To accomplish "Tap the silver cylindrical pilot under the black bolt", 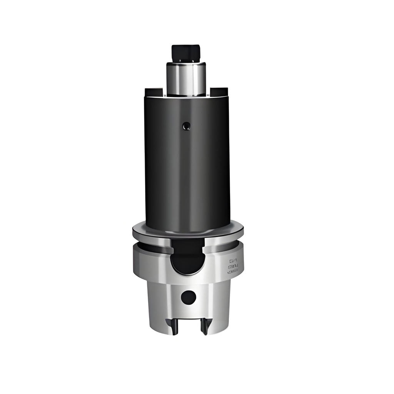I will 186,79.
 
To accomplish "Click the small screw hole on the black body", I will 187,125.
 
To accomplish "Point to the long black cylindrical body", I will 187,165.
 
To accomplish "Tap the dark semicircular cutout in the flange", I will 187,258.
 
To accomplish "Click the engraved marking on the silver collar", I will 233,265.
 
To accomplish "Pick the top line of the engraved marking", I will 233,261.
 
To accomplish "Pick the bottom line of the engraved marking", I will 233,271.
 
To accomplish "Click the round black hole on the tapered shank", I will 188,297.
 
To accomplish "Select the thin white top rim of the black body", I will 187,97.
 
